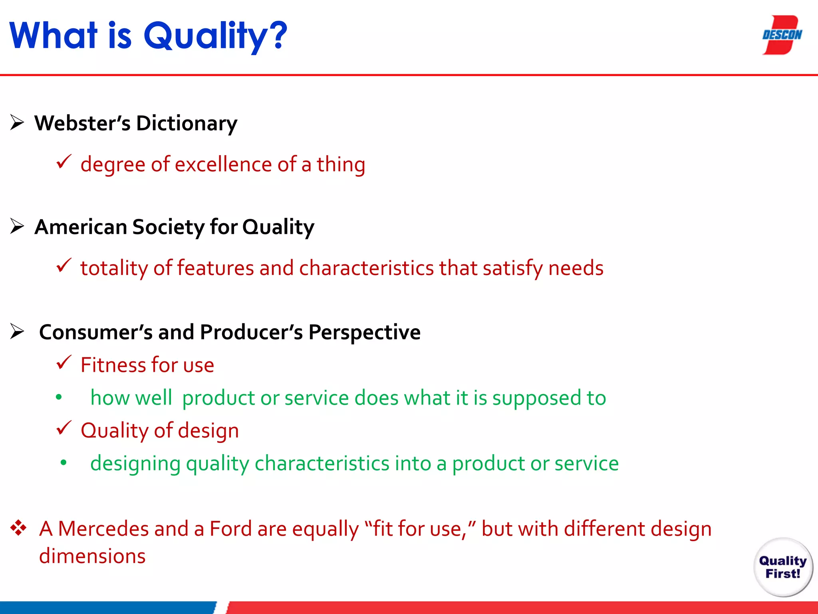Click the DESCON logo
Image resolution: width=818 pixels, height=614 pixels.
[782, 35]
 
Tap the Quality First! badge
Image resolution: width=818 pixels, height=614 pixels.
[783, 567]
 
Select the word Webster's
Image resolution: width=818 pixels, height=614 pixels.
[82, 123]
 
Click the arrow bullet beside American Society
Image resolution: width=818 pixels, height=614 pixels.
[17, 226]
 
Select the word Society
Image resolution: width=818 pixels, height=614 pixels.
[168, 227]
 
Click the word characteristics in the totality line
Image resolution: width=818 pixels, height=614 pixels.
[366, 268]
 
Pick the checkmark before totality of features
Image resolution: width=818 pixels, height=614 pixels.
[64, 265]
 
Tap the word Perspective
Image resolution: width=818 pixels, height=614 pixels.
[364, 333]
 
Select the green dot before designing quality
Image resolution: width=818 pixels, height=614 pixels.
[64, 463]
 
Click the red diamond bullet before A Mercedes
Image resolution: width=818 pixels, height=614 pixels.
[18, 528]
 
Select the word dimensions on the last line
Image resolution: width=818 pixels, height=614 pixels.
[92, 556]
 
